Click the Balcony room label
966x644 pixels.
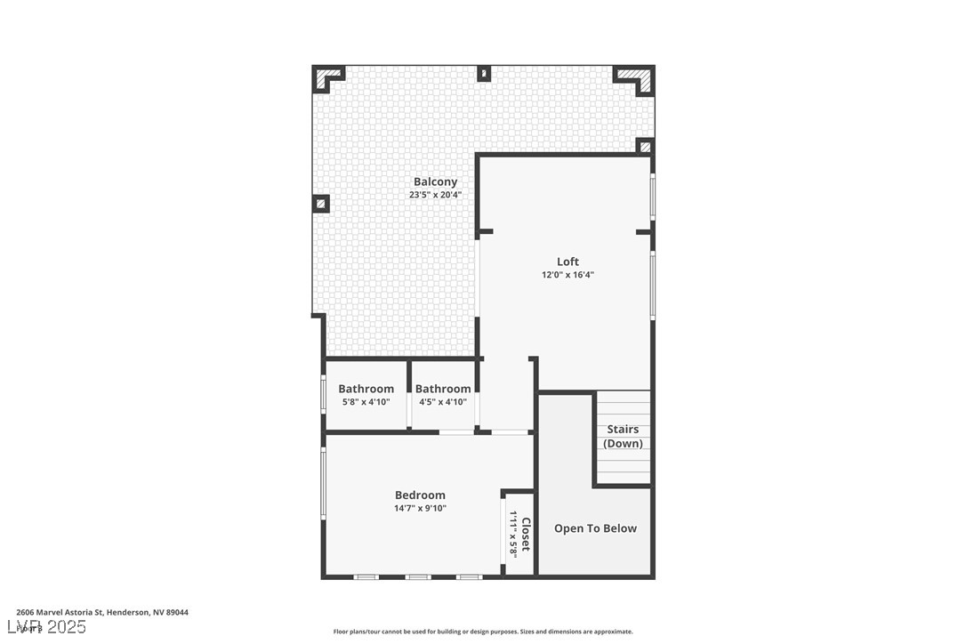[435, 181]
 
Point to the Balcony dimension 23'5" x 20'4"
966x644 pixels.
[435, 195]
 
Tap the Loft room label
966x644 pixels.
[568, 262]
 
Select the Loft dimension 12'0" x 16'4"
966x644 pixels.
[568, 275]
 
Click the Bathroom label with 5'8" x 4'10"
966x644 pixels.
[366, 389]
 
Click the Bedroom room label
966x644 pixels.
[420, 495]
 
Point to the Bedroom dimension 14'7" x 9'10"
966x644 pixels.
[420, 509]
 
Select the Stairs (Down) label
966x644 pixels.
[623, 436]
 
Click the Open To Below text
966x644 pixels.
[595, 528]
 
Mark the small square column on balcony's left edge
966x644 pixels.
[321, 204]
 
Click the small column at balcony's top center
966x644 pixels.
[484, 73]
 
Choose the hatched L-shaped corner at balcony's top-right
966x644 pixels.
[637, 78]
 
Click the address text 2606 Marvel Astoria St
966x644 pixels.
[102, 612]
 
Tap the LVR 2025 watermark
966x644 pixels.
[51, 627]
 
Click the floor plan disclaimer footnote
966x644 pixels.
[483, 632]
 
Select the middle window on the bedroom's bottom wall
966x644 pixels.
[418, 577]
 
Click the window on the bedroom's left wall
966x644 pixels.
[323, 483]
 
